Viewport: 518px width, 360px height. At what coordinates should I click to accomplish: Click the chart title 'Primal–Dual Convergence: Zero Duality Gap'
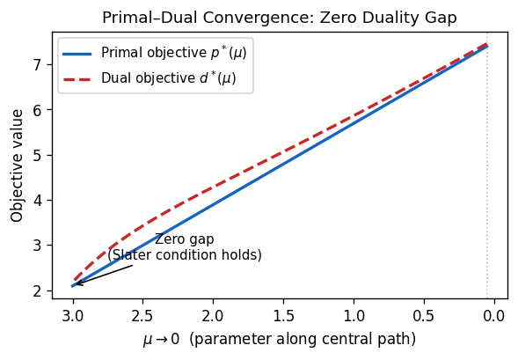(x=279, y=18)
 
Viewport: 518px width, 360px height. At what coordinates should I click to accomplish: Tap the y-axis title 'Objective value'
(x=18, y=166)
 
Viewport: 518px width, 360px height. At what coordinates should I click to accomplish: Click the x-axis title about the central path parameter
(x=279, y=339)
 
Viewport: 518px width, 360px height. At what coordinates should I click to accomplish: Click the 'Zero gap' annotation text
(x=184, y=239)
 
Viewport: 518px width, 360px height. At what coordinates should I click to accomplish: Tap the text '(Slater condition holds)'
(x=185, y=255)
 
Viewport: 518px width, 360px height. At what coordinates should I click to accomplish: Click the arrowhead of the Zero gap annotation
(x=76, y=284)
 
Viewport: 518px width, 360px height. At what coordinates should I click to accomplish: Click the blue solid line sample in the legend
(x=77, y=53)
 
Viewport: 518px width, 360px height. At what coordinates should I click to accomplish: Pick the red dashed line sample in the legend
(x=77, y=79)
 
